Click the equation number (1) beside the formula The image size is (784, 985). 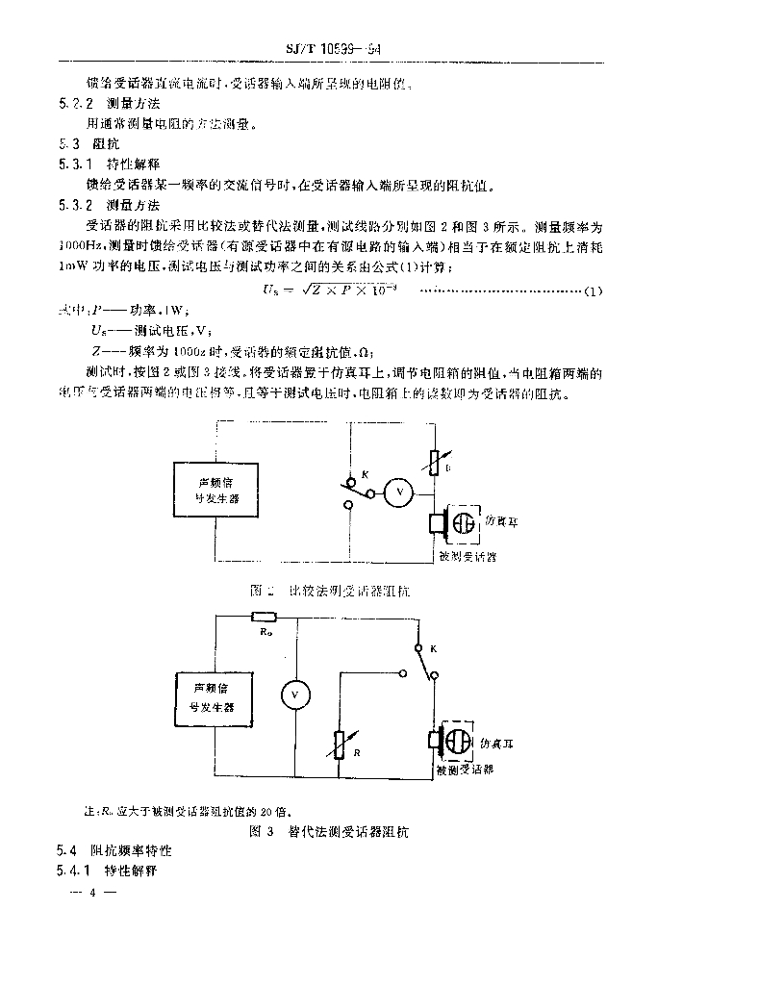pos(594,290)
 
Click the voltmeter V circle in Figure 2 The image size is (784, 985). pos(397,492)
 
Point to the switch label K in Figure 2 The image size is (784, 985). pos(352,475)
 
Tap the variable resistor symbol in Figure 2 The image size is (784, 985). pos(436,466)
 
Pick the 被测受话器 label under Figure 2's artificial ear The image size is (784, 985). pos(467,556)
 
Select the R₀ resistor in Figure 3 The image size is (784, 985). pos(264,619)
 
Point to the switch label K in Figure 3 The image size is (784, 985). pos(433,650)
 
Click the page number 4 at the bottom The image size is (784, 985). pos(93,893)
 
